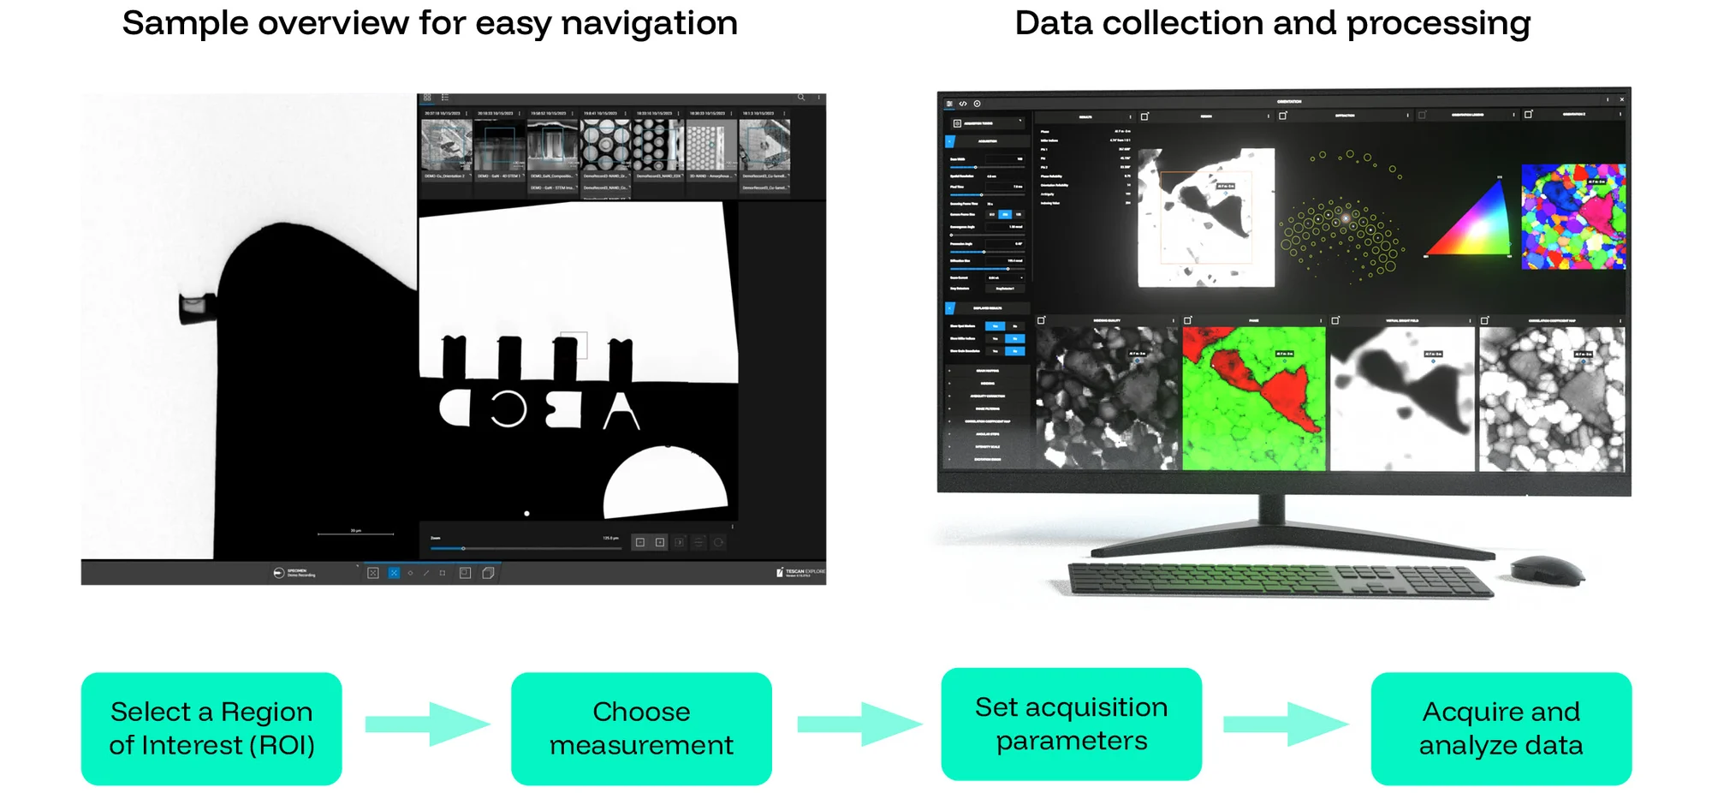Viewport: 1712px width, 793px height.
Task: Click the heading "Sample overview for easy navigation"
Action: point(430,23)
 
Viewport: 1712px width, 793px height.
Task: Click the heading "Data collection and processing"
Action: point(1272,23)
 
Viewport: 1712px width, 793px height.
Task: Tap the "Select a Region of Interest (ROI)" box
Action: point(211,728)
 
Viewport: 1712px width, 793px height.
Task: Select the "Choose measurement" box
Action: point(641,728)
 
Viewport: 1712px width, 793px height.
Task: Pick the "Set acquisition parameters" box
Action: point(1071,724)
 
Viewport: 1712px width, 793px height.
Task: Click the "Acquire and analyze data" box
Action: point(1501,728)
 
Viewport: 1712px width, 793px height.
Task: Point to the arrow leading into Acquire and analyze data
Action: point(1285,724)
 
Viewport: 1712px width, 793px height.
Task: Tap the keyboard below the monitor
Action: point(1280,580)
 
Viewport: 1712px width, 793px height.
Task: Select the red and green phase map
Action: point(1253,398)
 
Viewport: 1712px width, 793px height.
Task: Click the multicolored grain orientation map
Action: point(1572,218)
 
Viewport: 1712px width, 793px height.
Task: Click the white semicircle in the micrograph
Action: point(665,484)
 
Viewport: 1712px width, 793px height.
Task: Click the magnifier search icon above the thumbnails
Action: point(801,98)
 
